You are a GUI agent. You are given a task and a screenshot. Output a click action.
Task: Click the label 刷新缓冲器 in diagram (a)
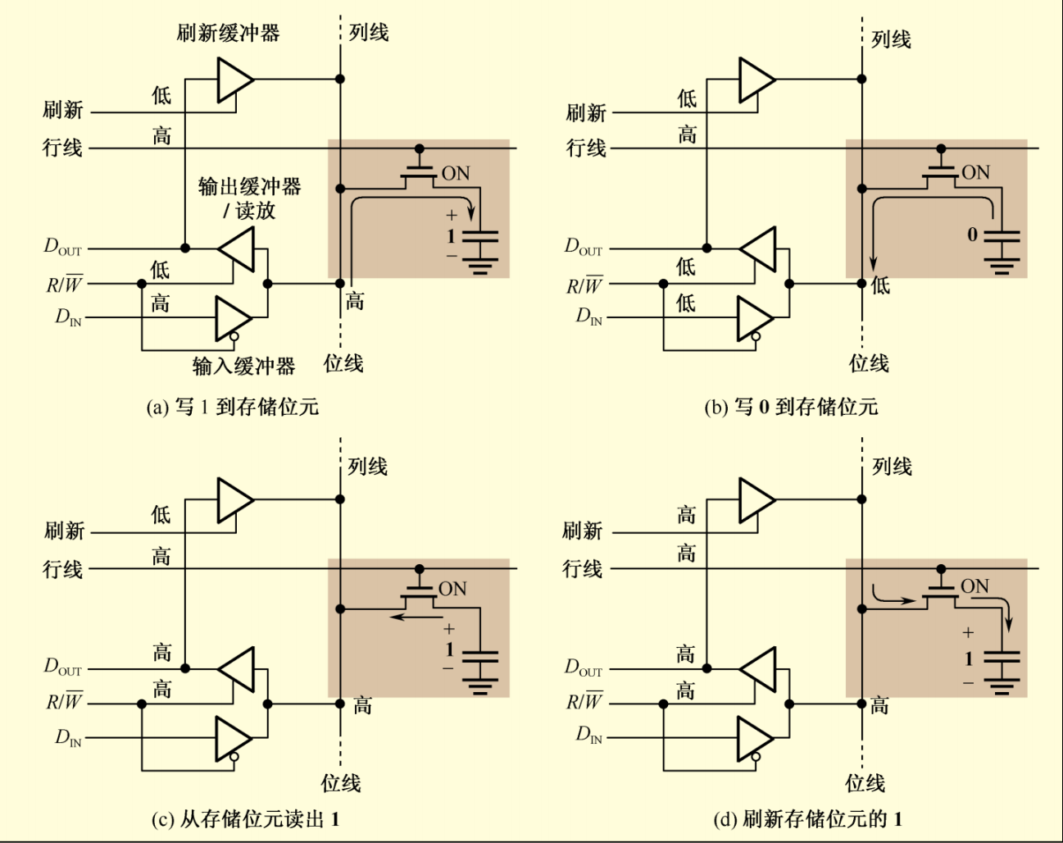click(228, 33)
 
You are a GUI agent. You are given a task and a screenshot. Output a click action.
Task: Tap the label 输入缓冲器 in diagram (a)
click(243, 366)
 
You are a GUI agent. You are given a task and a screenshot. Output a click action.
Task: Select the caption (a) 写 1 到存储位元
click(232, 407)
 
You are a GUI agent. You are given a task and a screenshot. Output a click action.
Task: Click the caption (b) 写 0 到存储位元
click(790, 407)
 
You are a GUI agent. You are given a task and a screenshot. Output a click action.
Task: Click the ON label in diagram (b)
click(975, 173)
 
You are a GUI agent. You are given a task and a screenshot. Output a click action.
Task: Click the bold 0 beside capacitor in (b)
click(972, 235)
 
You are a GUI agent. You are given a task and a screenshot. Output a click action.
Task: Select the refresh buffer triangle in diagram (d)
click(756, 499)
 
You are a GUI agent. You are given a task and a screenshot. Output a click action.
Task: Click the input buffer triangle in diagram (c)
click(232, 739)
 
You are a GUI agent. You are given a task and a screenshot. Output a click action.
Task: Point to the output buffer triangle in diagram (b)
click(758, 249)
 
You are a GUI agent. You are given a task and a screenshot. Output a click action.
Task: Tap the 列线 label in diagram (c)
click(367, 467)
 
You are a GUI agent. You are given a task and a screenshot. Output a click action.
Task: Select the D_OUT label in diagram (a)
click(63, 247)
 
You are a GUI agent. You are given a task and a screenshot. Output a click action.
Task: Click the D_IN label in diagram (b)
click(588, 317)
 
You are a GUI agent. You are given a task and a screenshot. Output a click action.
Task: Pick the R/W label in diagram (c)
click(64, 703)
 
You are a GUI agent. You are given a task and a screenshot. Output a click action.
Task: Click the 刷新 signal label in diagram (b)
click(586, 112)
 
